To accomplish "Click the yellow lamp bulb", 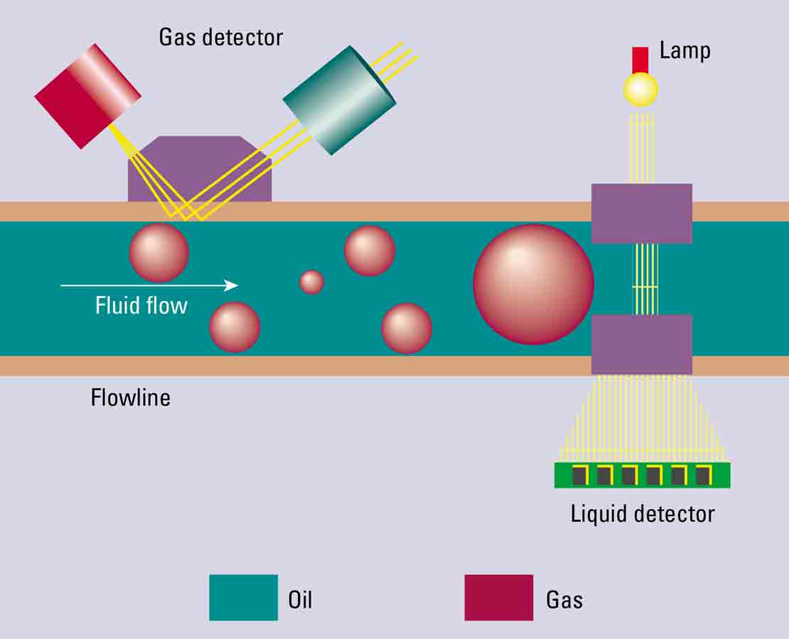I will pyautogui.click(x=640, y=89).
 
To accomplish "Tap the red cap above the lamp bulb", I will pyautogui.click(x=640, y=60).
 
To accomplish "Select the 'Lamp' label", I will pyautogui.click(x=685, y=50).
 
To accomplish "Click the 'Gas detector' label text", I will pyautogui.click(x=220, y=37).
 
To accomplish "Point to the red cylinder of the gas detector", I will pyautogui.click(x=87, y=96).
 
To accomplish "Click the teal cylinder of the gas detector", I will pyautogui.click(x=339, y=99).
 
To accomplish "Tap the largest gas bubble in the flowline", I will pyautogui.click(x=533, y=284).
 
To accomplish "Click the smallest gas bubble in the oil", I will pyautogui.click(x=311, y=282).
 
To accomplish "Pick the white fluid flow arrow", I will pyautogui.click(x=149, y=285).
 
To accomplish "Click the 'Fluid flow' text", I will pyautogui.click(x=141, y=305).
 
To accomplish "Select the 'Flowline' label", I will pyautogui.click(x=130, y=397).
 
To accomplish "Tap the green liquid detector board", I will pyautogui.click(x=642, y=475).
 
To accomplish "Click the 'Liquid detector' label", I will pyautogui.click(x=643, y=513).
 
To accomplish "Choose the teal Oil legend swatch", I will pyautogui.click(x=243, y=598).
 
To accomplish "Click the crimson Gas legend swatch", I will pyautogui.click(x=498, y=598).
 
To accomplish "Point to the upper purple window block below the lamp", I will pyautogui.click(x=641, y=214).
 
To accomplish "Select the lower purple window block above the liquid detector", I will pyautogui.click(x=641, y=344).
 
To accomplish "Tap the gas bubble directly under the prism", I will pyautogui.click(x=159, y=252).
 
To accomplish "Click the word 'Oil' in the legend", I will pyautogui.click(x=299, y=600).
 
